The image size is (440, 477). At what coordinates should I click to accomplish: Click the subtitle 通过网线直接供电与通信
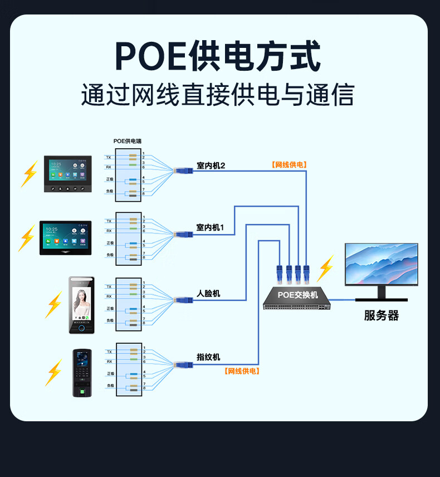218,95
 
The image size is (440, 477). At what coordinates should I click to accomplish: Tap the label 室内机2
211,166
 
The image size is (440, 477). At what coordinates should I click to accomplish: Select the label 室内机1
210,227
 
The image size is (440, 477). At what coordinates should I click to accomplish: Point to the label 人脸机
208,293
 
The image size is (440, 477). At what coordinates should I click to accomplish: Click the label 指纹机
208,357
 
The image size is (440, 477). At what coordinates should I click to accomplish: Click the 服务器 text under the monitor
382,316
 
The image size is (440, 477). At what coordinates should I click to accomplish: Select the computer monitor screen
381,264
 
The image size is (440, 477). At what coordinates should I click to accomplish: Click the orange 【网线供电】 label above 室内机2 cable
289,165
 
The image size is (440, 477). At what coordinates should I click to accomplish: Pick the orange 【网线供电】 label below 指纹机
242,371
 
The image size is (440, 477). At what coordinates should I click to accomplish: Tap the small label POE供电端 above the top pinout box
128,141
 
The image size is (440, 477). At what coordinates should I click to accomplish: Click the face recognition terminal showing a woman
82,305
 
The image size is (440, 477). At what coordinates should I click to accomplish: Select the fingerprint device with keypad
82,373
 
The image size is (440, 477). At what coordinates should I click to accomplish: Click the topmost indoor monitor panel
68,174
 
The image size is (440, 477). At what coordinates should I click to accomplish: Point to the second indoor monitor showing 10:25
64,238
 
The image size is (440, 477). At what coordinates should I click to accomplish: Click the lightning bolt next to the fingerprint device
54,372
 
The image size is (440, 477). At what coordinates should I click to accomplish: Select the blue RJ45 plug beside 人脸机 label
183,300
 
